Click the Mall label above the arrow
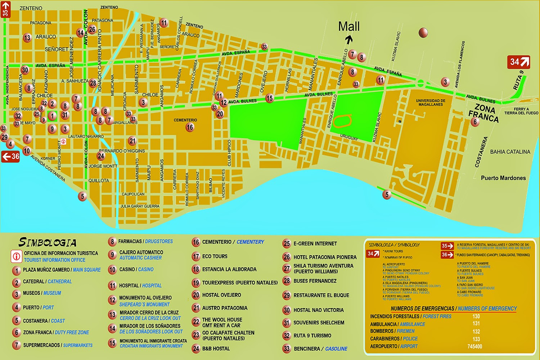click(349, 26)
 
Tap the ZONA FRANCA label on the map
click(484, 113)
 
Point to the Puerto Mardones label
click(503, 178)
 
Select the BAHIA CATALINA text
click(510, 152)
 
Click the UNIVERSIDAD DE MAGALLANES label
click(431, 103)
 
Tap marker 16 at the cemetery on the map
click(190, 127)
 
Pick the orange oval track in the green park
click(342, 121)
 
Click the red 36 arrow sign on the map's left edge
click(10, 157)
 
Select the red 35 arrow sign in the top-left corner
click(6, 9)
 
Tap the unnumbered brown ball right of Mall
click(423, 33)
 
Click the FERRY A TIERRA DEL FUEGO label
click(521, 111)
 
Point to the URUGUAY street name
click(349, 138)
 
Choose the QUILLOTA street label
click(99, 180)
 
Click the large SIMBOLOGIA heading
click(47, 242)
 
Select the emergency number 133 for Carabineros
click(476, 339)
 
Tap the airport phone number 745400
click(474, 346)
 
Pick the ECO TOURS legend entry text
click(215, 256)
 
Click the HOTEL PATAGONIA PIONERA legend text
click(325, 257)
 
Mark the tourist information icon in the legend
click(16, 256)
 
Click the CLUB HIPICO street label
click(229, 153)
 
